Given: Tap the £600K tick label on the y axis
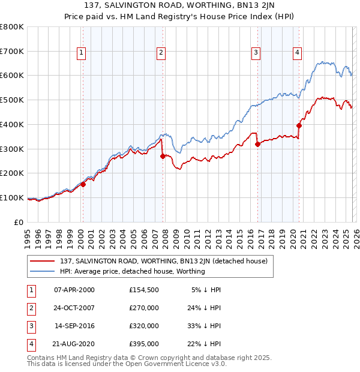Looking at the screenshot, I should point(12,76).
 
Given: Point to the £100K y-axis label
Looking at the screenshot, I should point(12,197).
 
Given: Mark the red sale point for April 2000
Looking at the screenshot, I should point(83,184).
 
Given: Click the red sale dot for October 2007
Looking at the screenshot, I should point(163,156).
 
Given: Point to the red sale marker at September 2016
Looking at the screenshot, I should point(257,144).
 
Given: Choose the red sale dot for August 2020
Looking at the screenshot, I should point(299,125).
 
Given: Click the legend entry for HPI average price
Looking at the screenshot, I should point(132,271).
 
